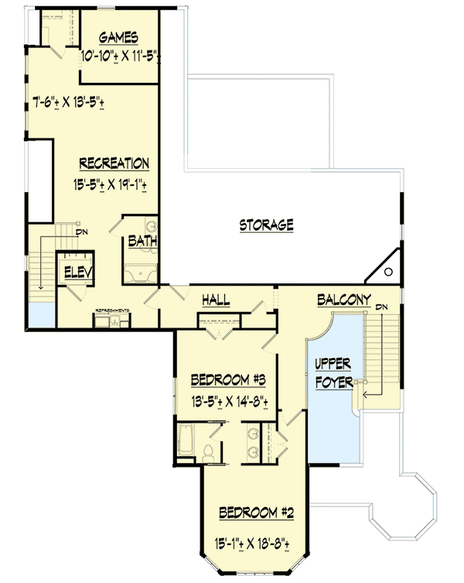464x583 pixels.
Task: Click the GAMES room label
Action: click(x=118, y=38)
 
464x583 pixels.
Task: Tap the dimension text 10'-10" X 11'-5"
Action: click(x=120, y=56)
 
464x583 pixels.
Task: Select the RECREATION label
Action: click(x=114, y=163)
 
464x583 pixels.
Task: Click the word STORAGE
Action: click(x=266, y=225)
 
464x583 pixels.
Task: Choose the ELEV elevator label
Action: click(x=79, y=272)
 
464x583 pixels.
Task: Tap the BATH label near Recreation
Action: click(x=142, y=242)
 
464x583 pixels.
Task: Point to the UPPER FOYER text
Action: click(x=334, y=373)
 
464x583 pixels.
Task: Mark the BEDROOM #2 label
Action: click(x=256, y=513)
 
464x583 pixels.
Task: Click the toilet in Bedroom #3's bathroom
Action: click(x=207, y=451)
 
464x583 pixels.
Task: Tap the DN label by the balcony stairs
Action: click(x=380, y=307)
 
